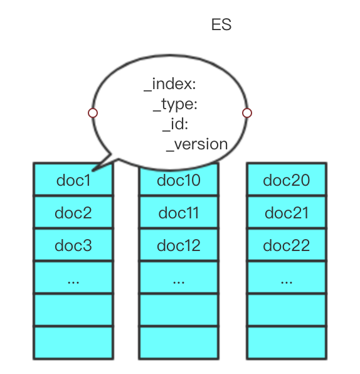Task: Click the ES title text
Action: pyautogui.click(x=221, y=24)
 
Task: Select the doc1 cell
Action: pyautogui.click(x=73, y=179)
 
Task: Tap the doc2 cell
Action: pyautogui.click(x=73, y=212)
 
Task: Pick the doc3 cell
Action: pyautogui.click(x=73, y=245)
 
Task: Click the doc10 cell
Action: pyautogui.click(x=179, y=179)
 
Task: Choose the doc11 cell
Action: pyautogui.click(x=179, y=212)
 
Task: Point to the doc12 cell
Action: pyautogui.click(x=179, y=245)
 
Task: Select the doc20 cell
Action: pyautogui.click(x=287, y=179)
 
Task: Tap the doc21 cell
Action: pyautogui.click(x=287, y=212)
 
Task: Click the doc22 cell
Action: pyautogui.click(x=287, y=245)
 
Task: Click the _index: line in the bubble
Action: pyautogui.click(x=170, y=85)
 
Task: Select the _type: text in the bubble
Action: pyautogui.click(x=175, y=105)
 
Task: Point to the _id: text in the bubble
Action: pyautogui.click(x=175, y=124)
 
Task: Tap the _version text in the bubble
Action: pyautogui.click(x=197, y=144)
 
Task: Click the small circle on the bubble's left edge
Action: pyautogui.click(x=93, y=113)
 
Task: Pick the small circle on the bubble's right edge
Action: pyautogui.click(x=247, y=113)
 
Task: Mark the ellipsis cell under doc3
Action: pyautogui.click(x=73, y=277)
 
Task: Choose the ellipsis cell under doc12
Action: pyautogui.click(x=179, y=277)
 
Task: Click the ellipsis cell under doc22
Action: pyautogui.click(x=287, y=277)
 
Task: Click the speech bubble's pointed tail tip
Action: pyautogui.click(x=92, y=171)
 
